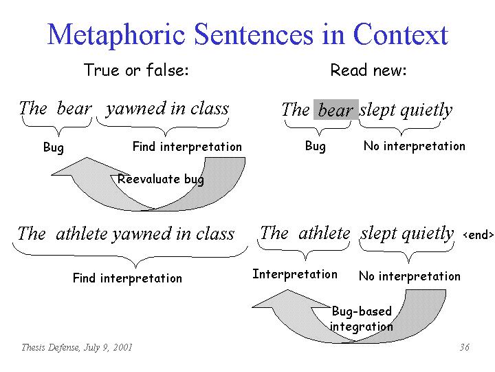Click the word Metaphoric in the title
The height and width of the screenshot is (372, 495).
coord(116,35)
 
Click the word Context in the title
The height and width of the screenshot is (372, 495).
coord(401,34)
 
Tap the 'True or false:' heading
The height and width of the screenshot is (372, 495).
coord(136,70)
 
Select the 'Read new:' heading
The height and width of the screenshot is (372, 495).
coord(368,70)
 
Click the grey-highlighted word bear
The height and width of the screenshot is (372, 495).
coord(335,110)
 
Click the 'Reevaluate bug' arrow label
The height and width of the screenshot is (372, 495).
coord(161,179)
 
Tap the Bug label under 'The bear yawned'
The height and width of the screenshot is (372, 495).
coord(54,147)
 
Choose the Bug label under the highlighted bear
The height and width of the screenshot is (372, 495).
coord(316,146)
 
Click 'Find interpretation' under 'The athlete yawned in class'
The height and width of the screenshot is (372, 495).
coord(127,278)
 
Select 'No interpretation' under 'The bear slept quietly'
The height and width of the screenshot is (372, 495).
coord(415,146)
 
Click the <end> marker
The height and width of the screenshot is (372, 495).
coord(478,235)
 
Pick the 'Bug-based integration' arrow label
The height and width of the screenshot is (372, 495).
coord(362,318)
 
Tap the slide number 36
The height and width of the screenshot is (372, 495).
coord(464,347)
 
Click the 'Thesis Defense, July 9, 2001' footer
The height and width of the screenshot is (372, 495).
coord(77,347)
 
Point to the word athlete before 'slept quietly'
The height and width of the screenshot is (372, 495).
coord(324,234)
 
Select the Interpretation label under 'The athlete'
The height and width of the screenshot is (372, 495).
coord(295,274)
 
